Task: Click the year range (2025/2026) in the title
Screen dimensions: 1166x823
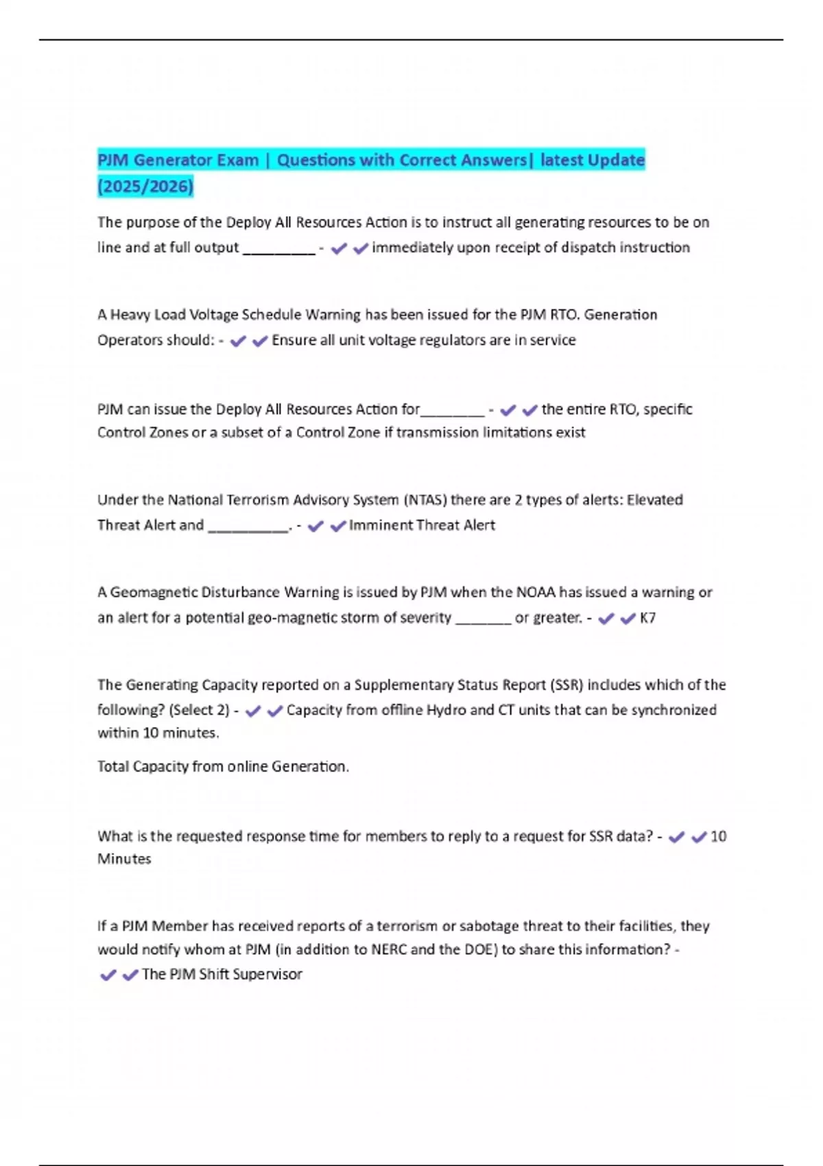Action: tap(145, 186)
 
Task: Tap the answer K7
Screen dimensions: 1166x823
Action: tap(647, 618)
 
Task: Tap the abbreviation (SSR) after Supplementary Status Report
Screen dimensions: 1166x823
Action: tap(566, 685)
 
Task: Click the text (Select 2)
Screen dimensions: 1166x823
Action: tap(199, 710)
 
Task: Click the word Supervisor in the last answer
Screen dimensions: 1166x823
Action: tap(268, 974)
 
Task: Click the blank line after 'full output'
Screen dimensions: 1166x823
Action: tap(279, 250)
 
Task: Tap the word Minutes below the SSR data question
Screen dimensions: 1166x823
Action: tap(124, 859)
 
